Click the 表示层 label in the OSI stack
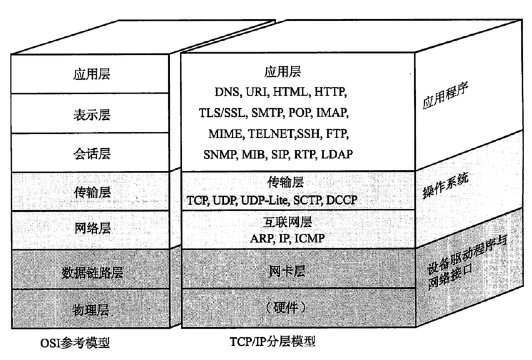[92, 115]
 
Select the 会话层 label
[92, 154]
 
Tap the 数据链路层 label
[92, 272]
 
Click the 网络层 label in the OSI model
[92, 228]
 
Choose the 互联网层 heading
[287, 222]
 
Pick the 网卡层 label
[287, 272]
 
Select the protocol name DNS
[227, 92]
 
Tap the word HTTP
[330, 92]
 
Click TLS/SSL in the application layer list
[222, 113]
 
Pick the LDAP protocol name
[337, 154]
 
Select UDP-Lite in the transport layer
[264, 200]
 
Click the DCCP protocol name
[342, 200]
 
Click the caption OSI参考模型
[75, 343]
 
